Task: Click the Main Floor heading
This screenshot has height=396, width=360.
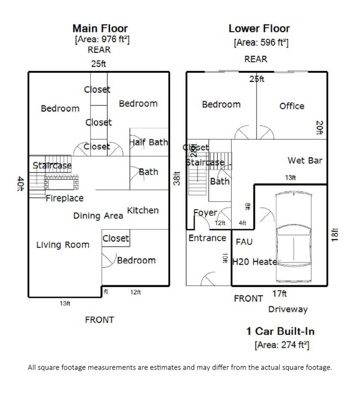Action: click(x=100, y=28)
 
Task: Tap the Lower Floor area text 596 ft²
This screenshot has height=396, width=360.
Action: click(x=261, y=43)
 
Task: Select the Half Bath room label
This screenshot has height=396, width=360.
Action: click(x=149, y=142)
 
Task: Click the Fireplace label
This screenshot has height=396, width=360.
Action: click(x=64, y=198)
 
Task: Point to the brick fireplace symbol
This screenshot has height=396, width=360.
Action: click(x=61, y=183)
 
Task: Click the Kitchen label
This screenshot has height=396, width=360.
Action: click(x=143, y=210)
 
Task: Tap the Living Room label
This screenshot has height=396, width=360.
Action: click(x=63, y=245)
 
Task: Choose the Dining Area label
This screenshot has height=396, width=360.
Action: click(x=98, y=216)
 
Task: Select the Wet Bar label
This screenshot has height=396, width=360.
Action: click(x=305, y=160)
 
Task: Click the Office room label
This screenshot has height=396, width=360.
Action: click(x=292, y=106)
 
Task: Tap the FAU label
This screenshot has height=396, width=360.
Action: click(x=244, y=242)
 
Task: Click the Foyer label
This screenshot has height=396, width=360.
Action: click(x=205, y=213)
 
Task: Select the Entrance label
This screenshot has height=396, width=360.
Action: click(x=207, y=238)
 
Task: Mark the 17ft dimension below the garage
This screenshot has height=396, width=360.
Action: click(x=279, y=294)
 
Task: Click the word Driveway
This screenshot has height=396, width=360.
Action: click(x=288, y=309)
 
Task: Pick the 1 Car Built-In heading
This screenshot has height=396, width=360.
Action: click(x=280, y=331)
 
